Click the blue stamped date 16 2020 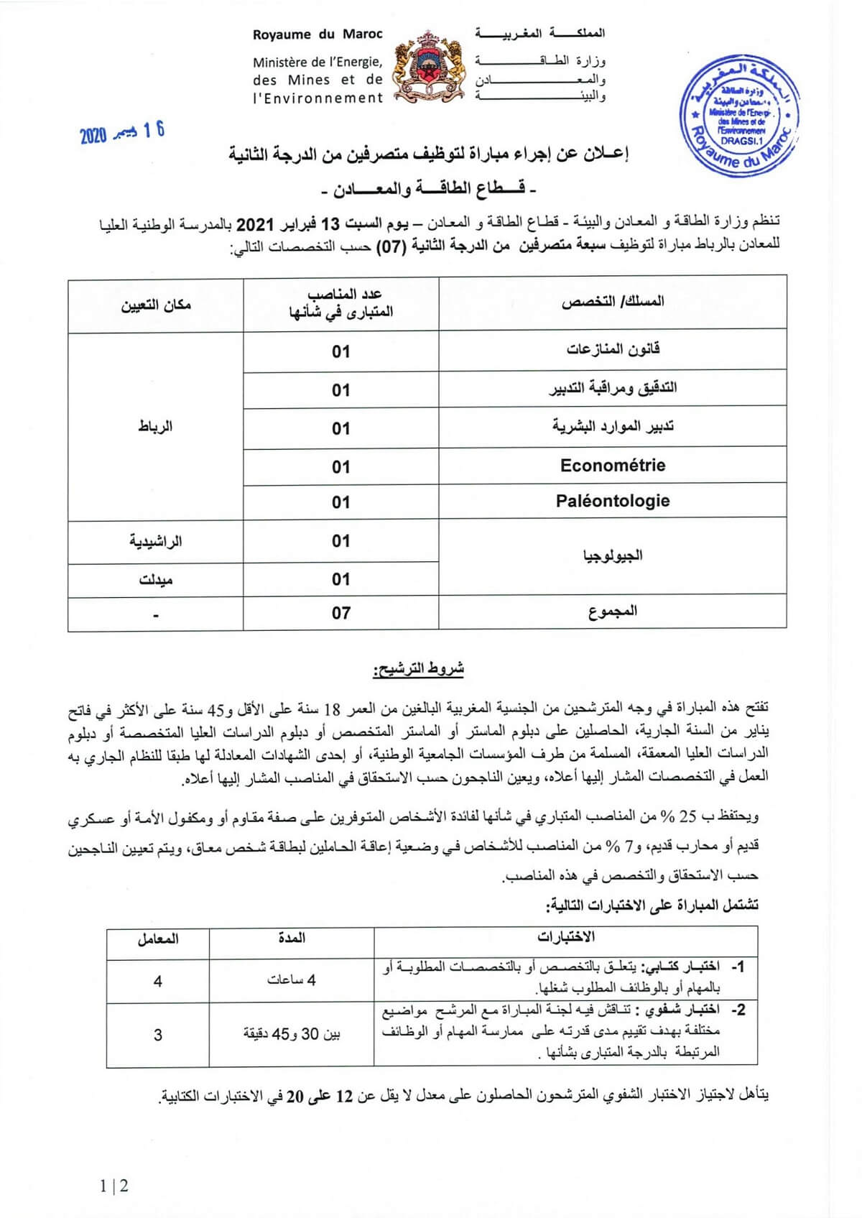pyautogui.click(x=122, y=132)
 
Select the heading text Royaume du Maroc pyautogui.click(x=318, y=34)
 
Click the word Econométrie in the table pyautogui.click(x=613, y=466)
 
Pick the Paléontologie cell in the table pyautogui.click(x=613, y=502)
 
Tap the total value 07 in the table pyautogui.click(x=341, y=613)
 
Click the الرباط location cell pyautogui.click(x=156, y=427)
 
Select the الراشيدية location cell pyautogui.click(x=156, y=541)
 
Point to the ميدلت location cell pyautogui.click(x=156, y=579)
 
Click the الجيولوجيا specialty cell pyautogui.click(x=613, y=555)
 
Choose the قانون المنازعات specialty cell pyautogui.click(x=613, y=350)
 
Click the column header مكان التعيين pyautogui.click(x=156, y=305)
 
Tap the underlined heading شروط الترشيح pyautogui.click(x=418, y=670)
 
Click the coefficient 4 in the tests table pyautogui.click(x=158, y=981)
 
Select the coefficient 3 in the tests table pyautogui.click(x=158, y=1035)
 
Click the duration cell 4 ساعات pyautogui.click(x=292, y=980)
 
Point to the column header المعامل pyautogui.click(x=158, y=939)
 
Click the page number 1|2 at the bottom pyautogui.click(x=114, y=1186)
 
